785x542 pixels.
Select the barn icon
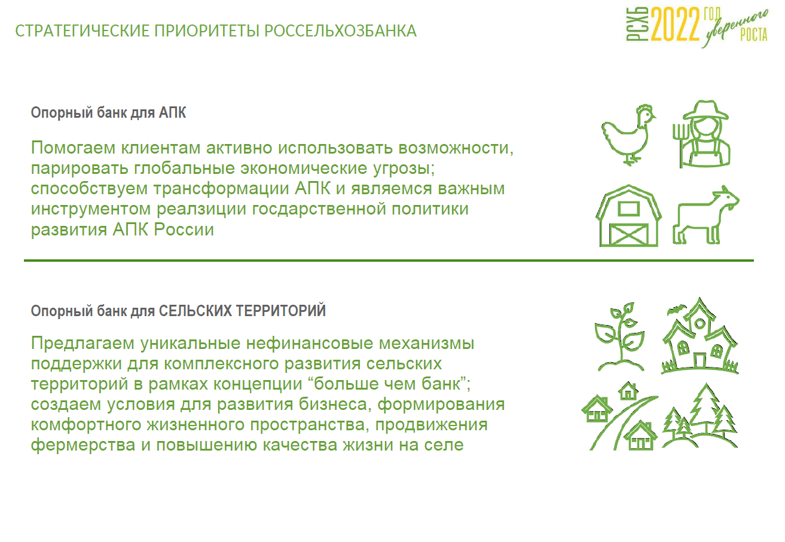(629, 216)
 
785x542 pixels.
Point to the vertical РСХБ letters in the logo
(637, 25)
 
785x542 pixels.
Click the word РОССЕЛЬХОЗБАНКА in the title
(340, 31)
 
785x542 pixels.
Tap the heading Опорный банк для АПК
(108, 113)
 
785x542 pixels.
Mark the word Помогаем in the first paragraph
(73, 148)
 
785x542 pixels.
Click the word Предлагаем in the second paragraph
(83, 344)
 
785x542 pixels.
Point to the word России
(184, 230)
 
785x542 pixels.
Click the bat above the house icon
(676, 310)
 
